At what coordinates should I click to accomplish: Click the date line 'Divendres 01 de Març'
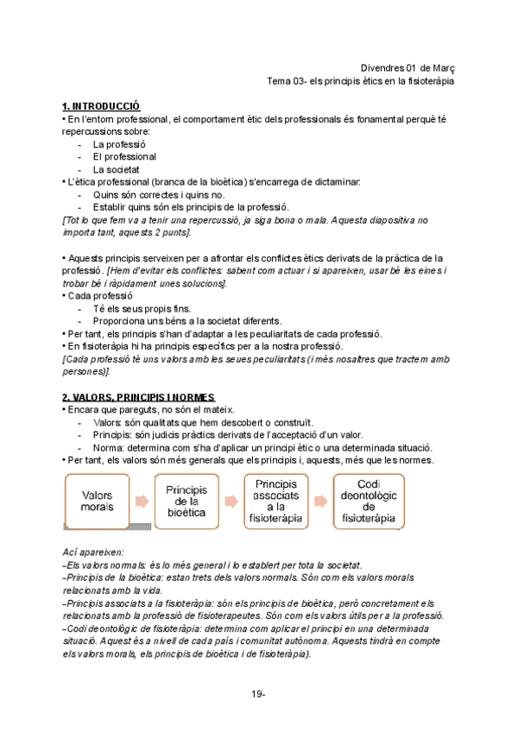tap(407, 68)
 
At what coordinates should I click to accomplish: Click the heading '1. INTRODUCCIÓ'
tap(101, 105)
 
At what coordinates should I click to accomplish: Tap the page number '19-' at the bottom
tap(259, 694)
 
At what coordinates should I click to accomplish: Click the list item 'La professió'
tap(120, 144)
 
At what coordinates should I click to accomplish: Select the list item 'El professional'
tap(124, 157)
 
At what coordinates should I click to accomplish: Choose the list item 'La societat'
tap(117, 170)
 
